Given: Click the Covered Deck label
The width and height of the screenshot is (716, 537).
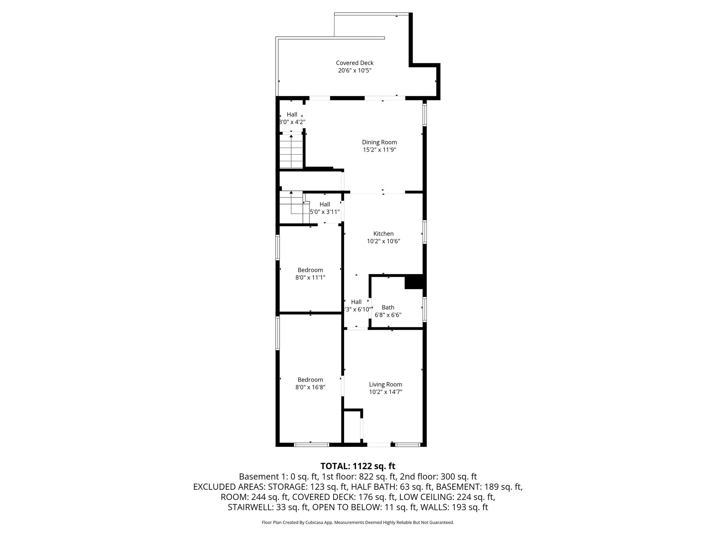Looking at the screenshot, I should (x=355, y=63).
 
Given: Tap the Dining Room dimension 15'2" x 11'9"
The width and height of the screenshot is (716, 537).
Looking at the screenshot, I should (x=379, y=150).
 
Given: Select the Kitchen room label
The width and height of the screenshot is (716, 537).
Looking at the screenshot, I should (x=383, y=234).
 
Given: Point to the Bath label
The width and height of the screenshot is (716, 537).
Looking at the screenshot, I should (x=388, y=307).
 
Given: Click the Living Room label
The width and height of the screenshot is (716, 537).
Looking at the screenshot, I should (x=385, y=385).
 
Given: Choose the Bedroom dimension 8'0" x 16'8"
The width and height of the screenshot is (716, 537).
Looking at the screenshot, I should (x=310, y=387).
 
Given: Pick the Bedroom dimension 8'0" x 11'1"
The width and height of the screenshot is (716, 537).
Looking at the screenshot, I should (x=310, y=278).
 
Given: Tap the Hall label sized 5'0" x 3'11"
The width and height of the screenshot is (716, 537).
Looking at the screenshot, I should (x=324, y=205).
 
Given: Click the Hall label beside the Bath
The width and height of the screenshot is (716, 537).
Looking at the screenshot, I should (x=356, y=302).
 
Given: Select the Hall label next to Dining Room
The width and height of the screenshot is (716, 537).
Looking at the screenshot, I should (x=292, y=114).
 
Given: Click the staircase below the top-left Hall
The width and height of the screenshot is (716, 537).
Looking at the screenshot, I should (x=291, y=152).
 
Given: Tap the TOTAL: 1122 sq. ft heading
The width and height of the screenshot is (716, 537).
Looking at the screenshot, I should (x=358, y=466).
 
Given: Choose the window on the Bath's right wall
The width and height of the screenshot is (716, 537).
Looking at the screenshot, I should (x=424, y=309).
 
